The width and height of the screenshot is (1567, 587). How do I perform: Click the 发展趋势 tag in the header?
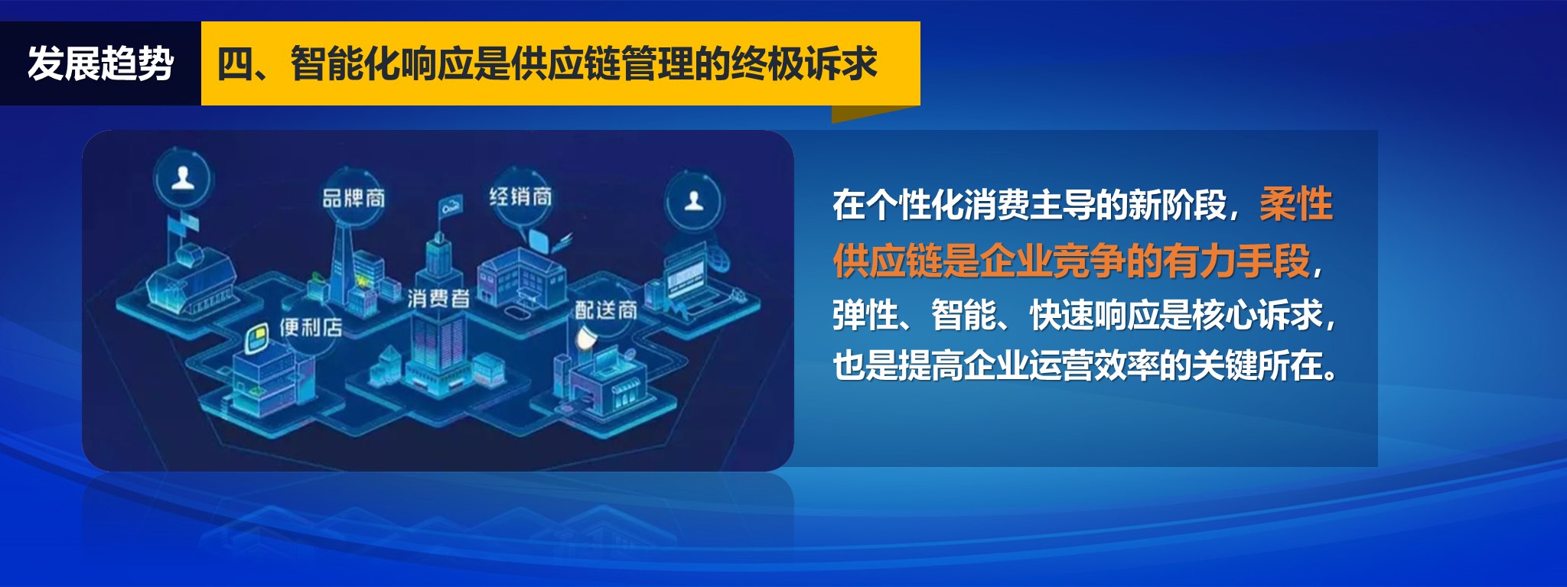100,63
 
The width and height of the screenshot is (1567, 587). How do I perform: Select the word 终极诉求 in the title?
803,63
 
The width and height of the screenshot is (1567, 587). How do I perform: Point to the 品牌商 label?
353,198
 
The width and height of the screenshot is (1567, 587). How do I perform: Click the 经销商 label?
520,196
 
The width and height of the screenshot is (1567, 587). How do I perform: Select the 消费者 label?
438,297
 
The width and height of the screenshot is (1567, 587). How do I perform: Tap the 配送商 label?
606,310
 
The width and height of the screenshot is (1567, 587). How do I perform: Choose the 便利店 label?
310,328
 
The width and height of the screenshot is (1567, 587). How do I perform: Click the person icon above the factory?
182,179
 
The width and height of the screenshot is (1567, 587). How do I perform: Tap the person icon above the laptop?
694,201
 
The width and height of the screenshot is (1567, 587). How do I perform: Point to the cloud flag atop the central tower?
451,205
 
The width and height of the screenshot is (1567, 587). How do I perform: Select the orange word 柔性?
1296,204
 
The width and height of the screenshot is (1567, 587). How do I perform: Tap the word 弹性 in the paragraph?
865,314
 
